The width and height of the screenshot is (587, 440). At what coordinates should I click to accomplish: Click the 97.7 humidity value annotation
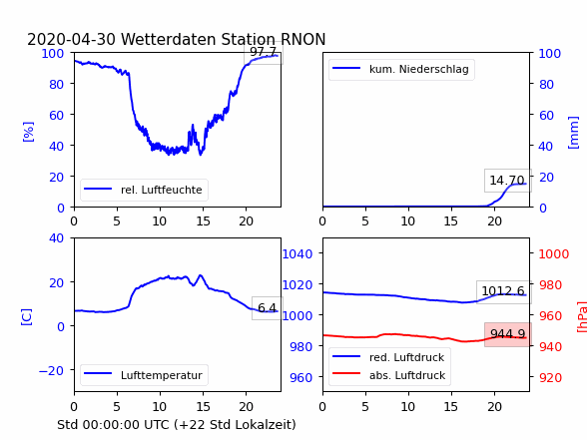264,52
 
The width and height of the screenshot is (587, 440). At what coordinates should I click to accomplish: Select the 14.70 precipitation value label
507,181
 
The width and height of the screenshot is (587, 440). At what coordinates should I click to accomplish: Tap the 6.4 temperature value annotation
267,308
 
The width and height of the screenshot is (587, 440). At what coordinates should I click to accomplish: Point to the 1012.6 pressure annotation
503,290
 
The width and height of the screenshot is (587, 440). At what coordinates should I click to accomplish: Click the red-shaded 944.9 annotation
507,333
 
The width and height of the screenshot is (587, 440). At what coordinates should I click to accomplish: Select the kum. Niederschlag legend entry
401,69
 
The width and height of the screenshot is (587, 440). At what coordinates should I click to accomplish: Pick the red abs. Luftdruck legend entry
389,375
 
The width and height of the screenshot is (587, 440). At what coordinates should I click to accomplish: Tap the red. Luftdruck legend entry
389,357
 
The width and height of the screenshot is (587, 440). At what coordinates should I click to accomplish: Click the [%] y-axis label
28,132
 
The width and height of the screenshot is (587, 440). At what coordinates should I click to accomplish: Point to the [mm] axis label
573,133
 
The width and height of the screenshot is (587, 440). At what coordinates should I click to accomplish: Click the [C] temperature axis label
27,317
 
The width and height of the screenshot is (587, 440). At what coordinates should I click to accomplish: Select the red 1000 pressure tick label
554,254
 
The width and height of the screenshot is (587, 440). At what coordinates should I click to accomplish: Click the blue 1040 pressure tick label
297,254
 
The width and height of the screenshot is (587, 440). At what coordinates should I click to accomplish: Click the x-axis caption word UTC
159,425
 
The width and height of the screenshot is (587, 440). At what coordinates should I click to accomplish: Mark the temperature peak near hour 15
201,275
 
